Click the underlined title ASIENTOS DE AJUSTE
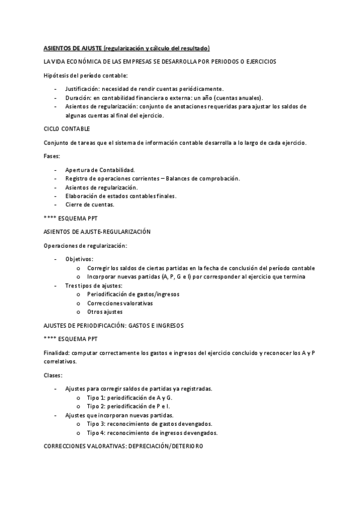pyautogui.click(x=73, y=48)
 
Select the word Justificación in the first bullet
pyautogui.click(x=83, y=88)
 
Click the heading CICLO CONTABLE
pyautogui.click(x=67, y=129)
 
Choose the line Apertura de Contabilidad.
pyautogui.click(x=100, y=170)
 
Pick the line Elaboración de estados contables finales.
pyautogui.click(x=121, y=195)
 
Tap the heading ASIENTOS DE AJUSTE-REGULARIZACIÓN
pyautogui.click(x=97, y=231)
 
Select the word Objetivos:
pyautogui.click(x=79, y=259)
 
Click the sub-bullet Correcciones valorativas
pyautogui.click(x=120, y=303)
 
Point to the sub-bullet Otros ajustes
pyautogui.click(x=105, y=312)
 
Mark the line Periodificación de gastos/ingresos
pyautogui.click(x=133, y=294)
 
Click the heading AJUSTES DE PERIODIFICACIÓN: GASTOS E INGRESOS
pyautogui.click(x=114, y=325)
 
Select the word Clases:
pyautogui.click(x=53, y=375)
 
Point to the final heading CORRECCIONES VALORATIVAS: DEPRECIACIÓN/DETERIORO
pyautogui.click(x=124, y=446)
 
